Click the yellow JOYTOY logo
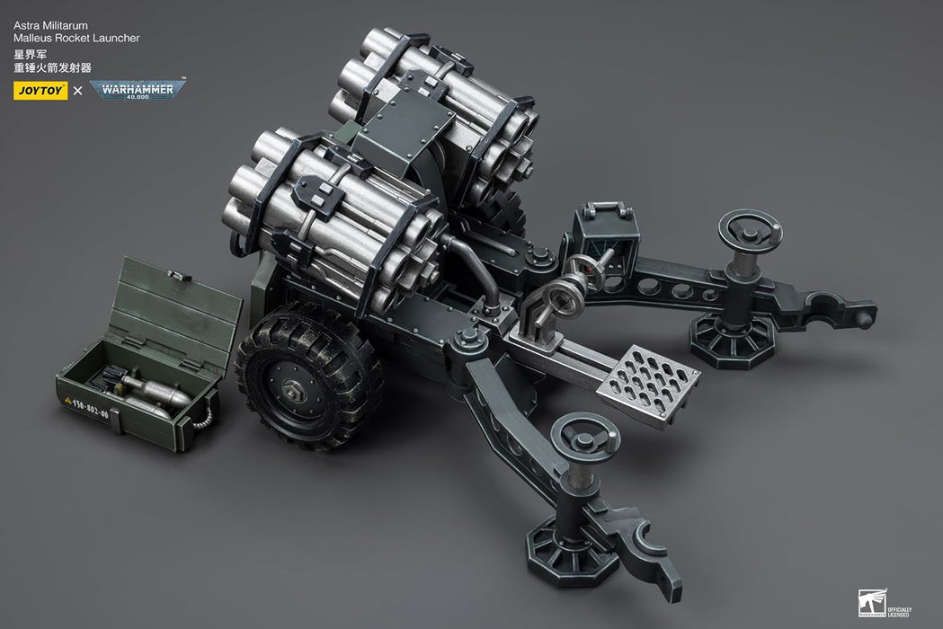(40, 90)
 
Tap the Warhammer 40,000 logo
(138, 90)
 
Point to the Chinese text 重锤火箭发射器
(52, 67)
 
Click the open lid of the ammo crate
(176, 310)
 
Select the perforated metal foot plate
(647, 385)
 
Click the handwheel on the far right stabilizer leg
(750, 230)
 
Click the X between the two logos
(77, 90)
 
